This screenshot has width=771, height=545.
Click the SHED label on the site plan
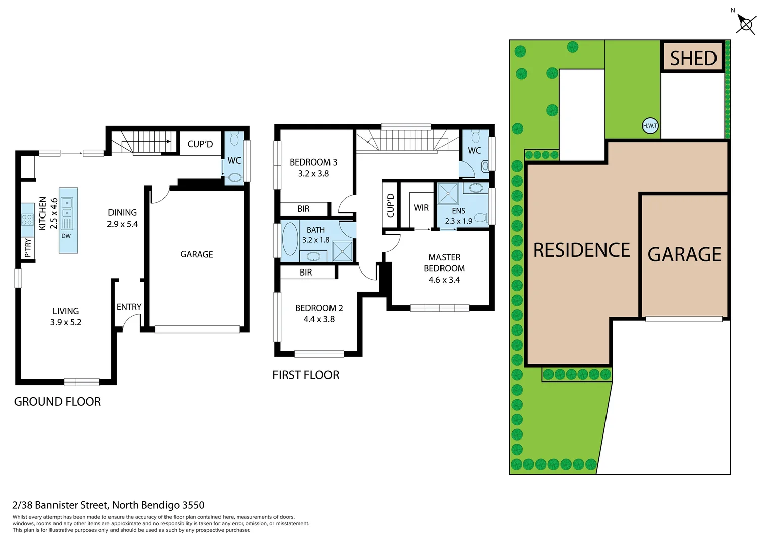click(x=693, y=59)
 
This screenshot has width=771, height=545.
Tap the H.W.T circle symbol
click(x=650, y=126)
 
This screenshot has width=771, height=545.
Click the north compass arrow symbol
click(x=745, y=24)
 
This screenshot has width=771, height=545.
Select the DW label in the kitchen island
click(x=66, y=236)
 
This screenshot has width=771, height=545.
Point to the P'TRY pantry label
click(x=28, y=248)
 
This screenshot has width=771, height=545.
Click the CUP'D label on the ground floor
click(x=200, y=144)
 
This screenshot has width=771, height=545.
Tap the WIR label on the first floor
click(x=421, y=208)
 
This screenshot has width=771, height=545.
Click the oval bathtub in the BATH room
click(x=290, y=239)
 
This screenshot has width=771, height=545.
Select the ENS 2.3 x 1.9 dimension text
click(x=458, y=221)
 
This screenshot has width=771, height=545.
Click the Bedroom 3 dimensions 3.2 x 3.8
click(x=313, y=174)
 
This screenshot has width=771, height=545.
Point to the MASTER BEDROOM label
click(x=444, y=263)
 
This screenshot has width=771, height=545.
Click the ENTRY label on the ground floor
click(x=129, y=307)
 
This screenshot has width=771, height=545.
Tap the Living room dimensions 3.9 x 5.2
click(x=66, y=322)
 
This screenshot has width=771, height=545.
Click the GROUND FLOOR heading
click(x=58, y=402)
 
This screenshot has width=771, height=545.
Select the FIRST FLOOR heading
click(x=306, y=375)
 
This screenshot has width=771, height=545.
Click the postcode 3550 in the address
click(x=193, y=505)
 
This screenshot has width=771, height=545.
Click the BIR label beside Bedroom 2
click(x=306, y=272)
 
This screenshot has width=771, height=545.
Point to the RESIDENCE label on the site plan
click(x=581, y=250)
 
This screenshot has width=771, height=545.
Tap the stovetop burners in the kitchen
click(x=27, y=220)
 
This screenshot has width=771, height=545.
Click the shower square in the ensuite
click(x=448, y=194)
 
